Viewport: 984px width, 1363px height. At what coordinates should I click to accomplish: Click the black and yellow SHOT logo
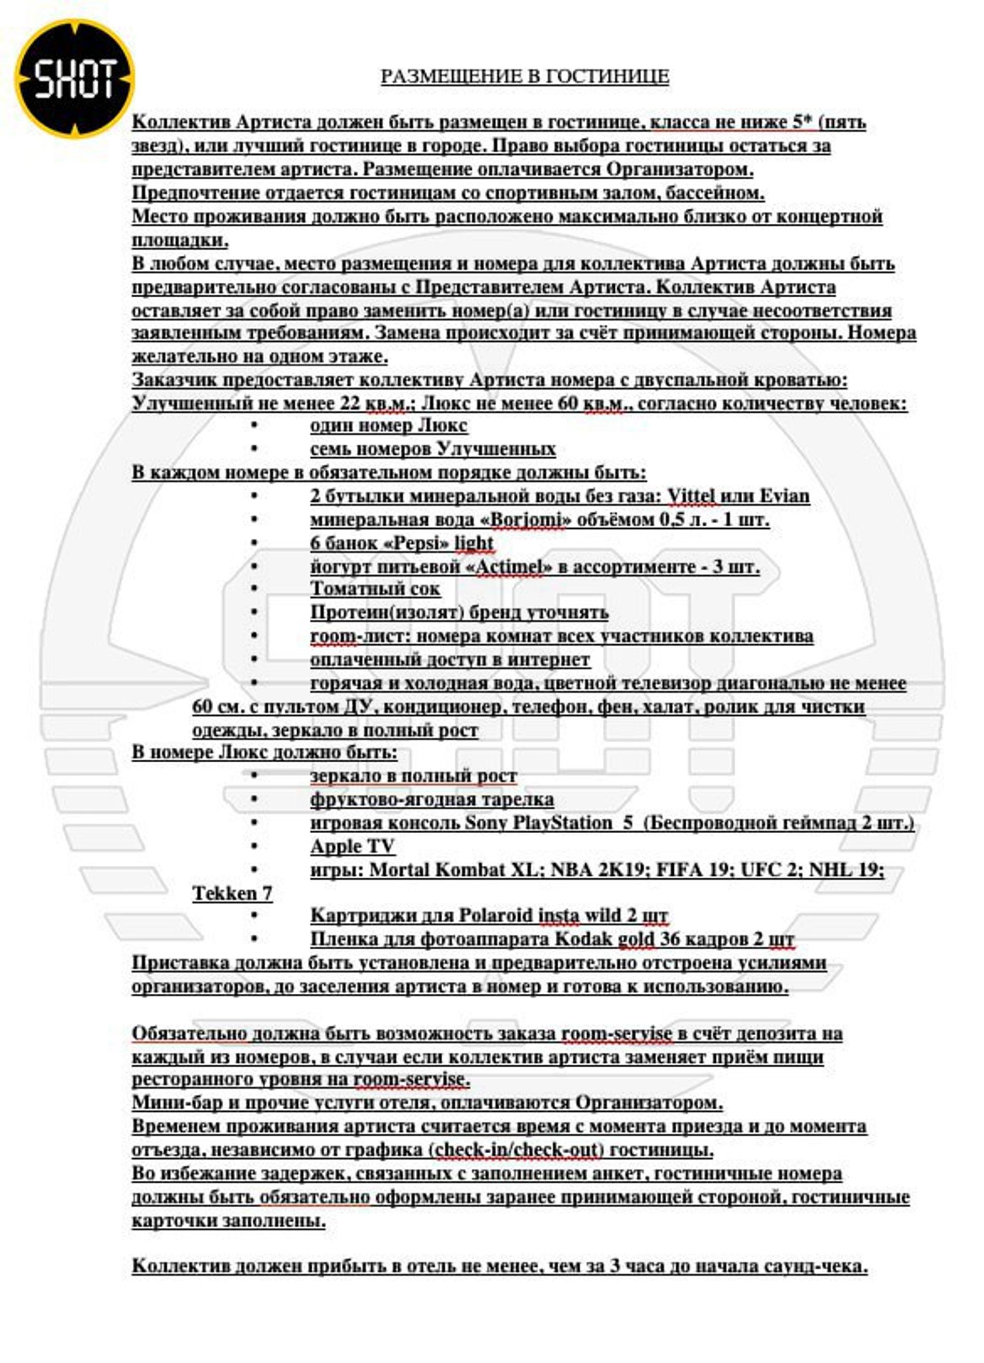click(75, 79)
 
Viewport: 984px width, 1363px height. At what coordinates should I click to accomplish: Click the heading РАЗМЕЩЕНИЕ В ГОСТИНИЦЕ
click(524, 76)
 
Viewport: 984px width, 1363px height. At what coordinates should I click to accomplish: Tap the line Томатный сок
click(375, 589)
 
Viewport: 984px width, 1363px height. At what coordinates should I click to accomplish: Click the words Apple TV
click(352, 847)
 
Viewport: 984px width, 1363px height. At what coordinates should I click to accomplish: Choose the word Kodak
click(583, 939)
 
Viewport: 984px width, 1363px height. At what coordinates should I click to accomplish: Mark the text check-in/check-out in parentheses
click(515, 1150)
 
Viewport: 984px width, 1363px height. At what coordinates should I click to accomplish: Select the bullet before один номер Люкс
click(254, 426)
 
